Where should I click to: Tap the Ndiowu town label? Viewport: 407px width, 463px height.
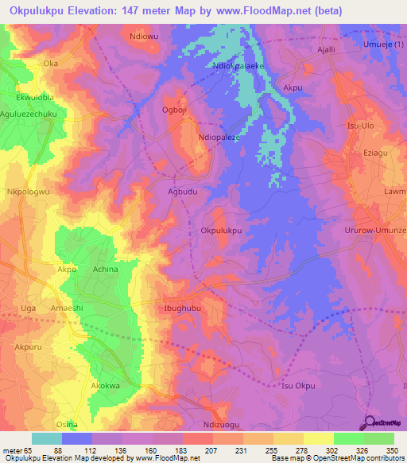pyautogui.click(x=144, y=37)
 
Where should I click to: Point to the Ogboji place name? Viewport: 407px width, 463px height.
pyautogui.click(x=174, y=111)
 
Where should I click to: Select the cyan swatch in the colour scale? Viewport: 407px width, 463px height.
pyautogui.click(x=46, y=438)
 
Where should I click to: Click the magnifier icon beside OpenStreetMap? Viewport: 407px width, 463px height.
pyautogui.click(x=370, y=422)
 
